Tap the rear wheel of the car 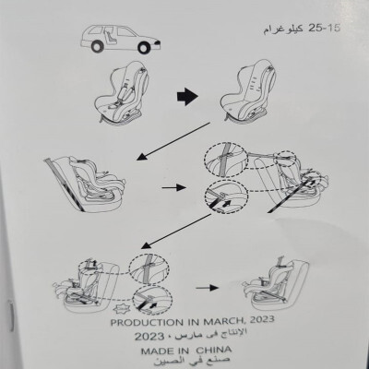click(97, 46)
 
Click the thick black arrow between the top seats click(187, 97)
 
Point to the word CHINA click(214, 350)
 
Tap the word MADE click(156, 351)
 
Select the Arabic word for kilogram click(283, 30)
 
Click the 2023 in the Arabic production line click(149, 337)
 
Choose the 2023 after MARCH click(262, 320)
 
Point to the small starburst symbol click(120, 307)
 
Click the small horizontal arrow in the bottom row click(208, 288)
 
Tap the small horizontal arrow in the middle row click(174, 187)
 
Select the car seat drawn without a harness click(248, 90)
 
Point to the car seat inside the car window click(112, 36)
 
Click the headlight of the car click(158, 42)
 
